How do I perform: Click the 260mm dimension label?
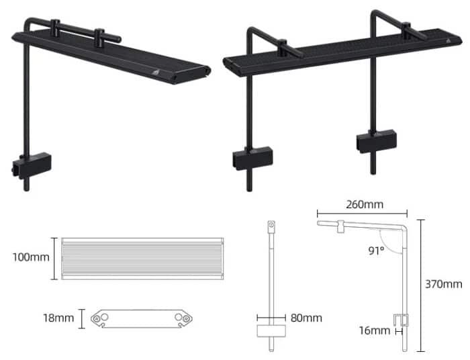365,204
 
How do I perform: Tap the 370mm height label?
444,284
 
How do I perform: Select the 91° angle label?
376,251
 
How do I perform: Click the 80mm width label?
306,318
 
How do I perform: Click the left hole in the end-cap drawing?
103,318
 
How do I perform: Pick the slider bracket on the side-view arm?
341,228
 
